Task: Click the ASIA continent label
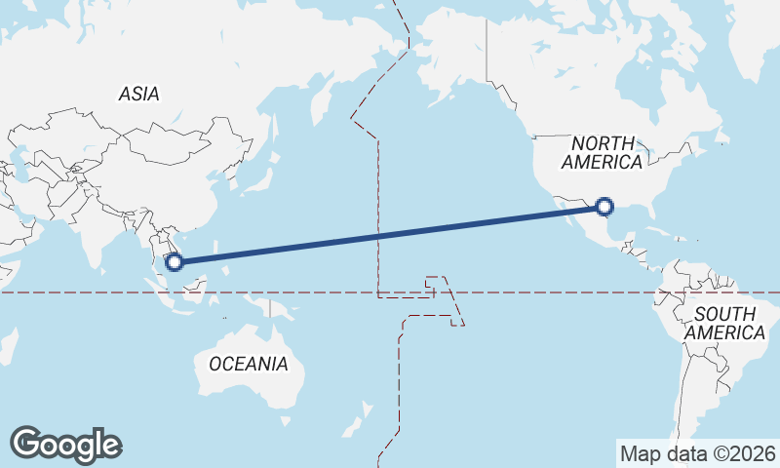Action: tap(138, 95)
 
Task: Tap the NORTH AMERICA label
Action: tap(602, 153)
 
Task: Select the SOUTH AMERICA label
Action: tap(724, 324)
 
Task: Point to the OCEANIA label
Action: tap(249, 364)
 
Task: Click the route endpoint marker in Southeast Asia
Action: tap(175, 261)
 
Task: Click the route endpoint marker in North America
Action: tap(604, 207)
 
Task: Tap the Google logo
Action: tap(65, 445)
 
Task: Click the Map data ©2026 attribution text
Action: tap(698, 453)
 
